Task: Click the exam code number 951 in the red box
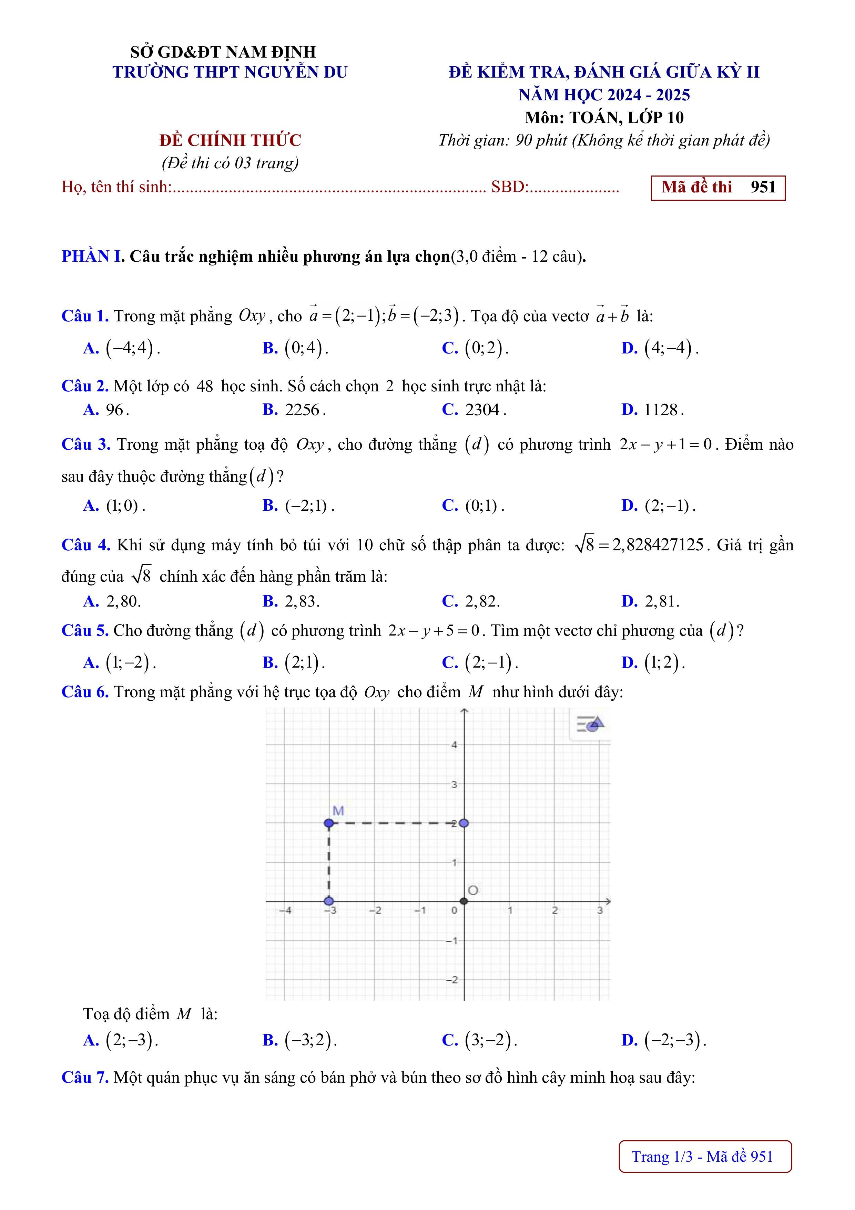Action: [x=763, y=187]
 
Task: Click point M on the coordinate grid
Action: [x=329, y=823]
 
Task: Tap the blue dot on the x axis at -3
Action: [x=329, y=901]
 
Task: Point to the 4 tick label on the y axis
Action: [x=454, y=745]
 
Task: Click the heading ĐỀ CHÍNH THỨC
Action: [x=230, y=141]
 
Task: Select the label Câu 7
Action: [x=85, y=1078]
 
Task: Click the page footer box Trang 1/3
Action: [x=705, y=1157]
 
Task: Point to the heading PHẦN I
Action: [x=92, y=257]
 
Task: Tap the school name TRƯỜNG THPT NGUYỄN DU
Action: [x=230, y=72]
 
